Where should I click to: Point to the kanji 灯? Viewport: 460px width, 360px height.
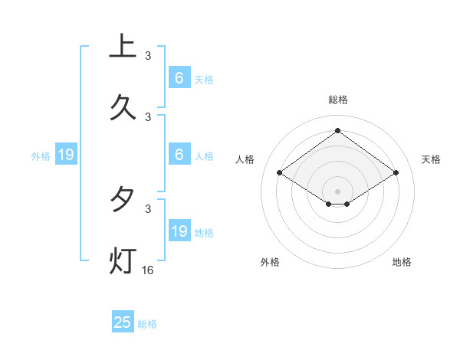pos(123,260)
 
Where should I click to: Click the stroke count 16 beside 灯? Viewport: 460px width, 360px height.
pos(148,270)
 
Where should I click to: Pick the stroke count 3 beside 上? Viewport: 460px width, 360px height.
pos(148,56)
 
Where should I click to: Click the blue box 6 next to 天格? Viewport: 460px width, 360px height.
pos(179,78)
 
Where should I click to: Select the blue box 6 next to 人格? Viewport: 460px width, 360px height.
pos(179,155)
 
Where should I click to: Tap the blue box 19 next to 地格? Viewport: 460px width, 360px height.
pos(179,231)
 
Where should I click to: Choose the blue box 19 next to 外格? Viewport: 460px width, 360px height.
pos(66,155)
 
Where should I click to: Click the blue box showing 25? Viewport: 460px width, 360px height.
pos(123,322)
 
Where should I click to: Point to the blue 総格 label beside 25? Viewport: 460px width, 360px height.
pos(147,324)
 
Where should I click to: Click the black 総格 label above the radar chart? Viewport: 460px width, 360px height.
pos(338,100)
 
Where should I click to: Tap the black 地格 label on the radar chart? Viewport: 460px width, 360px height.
pos(402,262)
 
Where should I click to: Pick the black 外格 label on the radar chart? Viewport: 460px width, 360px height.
pos(270,262)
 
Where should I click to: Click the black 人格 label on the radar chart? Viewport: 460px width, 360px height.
pos(245,159)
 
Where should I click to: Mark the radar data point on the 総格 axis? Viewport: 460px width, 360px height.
pos(338,130)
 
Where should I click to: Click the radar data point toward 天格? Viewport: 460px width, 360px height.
pos(396,173)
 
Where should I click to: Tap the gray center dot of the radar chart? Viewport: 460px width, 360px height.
pos(338,191)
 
